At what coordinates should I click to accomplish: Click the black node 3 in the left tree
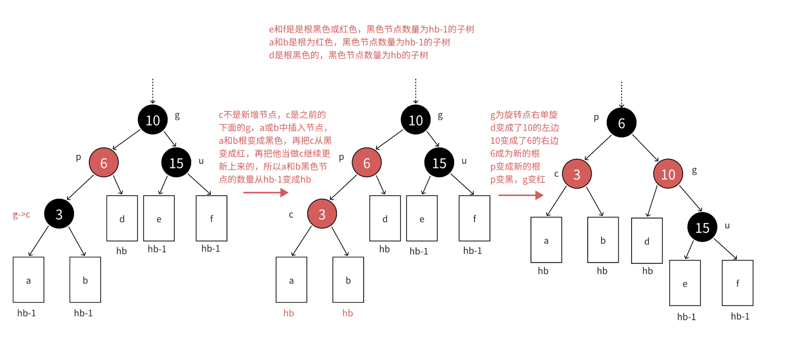coord(59,214)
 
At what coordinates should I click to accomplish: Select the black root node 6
coord(621,123)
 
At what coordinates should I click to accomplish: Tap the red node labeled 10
coord(668,174)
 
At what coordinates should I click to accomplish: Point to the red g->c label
coord(22,214)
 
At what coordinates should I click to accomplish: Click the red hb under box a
coord(289,313)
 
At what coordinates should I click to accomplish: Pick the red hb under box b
coord(347,313)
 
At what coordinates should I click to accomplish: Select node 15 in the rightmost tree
coord(702,227)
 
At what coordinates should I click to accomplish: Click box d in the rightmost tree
coord(647,241)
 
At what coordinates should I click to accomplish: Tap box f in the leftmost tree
coord(211,218)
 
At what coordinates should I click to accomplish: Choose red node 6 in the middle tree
coord(366,163)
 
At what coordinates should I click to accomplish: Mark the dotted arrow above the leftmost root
coord(153,91)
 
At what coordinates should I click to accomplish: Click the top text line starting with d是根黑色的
coord(349,55)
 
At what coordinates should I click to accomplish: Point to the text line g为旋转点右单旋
coord(524,115)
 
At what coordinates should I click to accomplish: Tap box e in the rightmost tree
coord(685,283)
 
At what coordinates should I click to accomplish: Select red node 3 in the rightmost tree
coord(576,174)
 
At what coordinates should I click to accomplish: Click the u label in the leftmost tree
coord(201,161)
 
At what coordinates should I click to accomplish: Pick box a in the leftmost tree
coord(28,280)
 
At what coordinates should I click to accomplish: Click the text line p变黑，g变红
coord(518,179)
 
